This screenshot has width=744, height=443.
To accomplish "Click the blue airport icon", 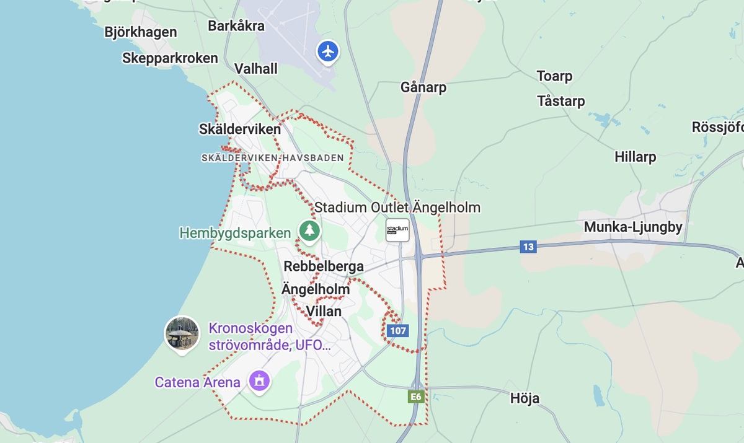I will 328,51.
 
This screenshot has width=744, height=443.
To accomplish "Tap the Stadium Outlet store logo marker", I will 397,230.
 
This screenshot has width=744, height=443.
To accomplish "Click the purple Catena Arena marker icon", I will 259,380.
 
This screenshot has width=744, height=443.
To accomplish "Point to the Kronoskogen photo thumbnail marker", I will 182,333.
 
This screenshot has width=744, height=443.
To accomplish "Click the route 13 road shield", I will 528,247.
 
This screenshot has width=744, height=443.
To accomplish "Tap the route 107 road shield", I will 398,330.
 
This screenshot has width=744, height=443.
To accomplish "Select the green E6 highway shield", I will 416,397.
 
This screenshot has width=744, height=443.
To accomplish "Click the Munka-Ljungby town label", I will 633,227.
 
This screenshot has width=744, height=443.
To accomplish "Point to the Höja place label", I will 525,398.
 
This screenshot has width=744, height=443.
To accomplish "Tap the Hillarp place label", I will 635,157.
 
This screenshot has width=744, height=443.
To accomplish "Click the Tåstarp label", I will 561,100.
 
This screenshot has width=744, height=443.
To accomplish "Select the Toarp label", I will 554,76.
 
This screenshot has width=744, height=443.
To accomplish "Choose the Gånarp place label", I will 423,87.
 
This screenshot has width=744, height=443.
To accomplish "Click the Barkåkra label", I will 236,26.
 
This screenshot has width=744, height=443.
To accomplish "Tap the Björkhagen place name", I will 141,32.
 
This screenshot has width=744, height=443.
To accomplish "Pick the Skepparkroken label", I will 170,58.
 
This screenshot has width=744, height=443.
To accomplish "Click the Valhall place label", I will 256,69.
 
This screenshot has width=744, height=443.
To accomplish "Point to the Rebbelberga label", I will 324,266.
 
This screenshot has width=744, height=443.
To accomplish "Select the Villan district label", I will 324,311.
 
